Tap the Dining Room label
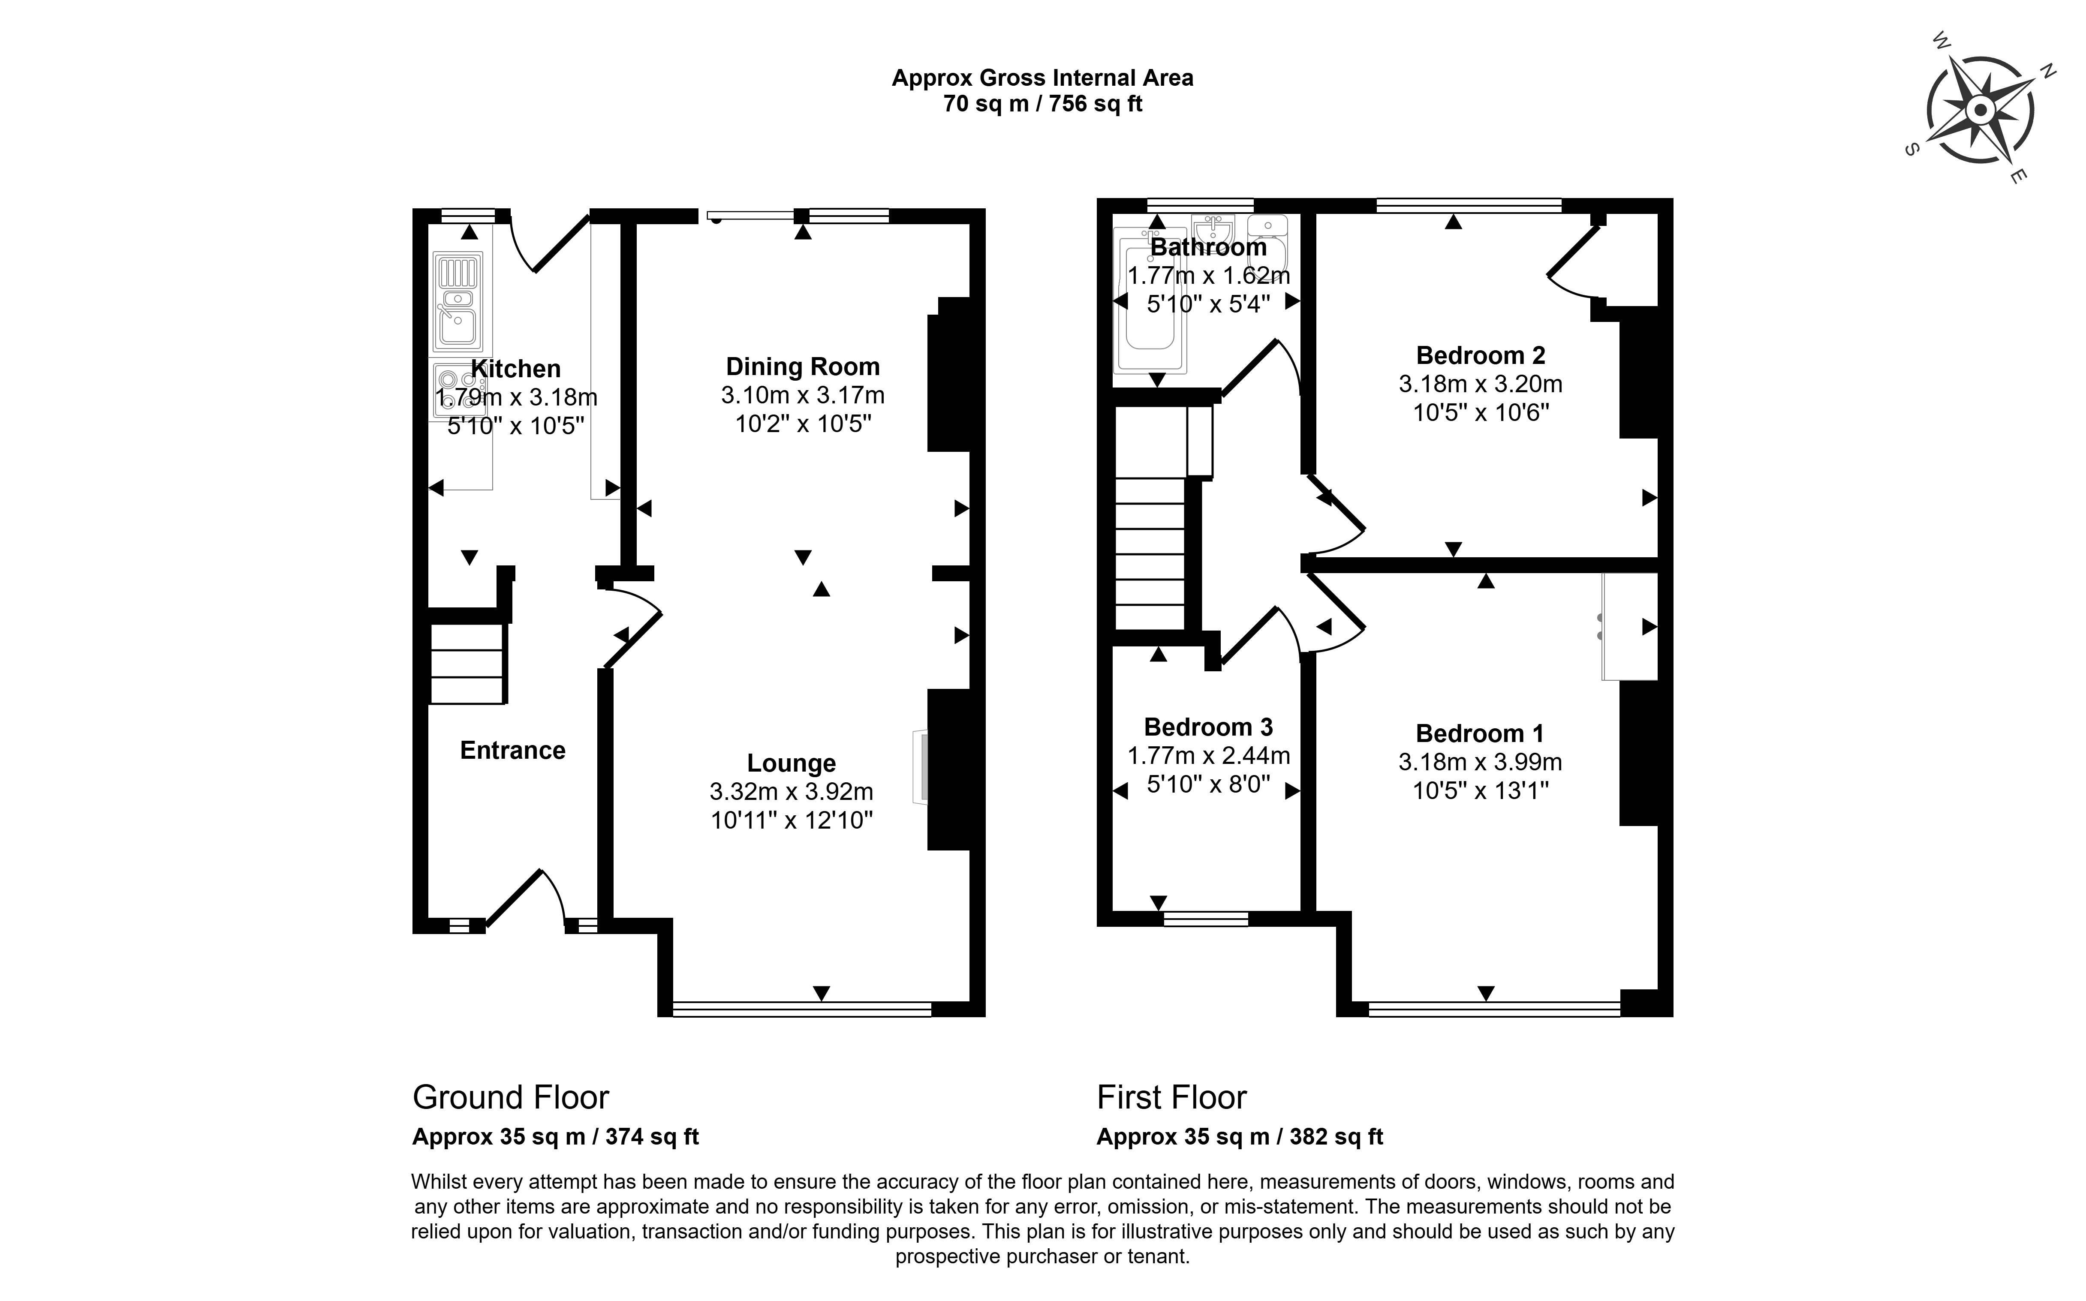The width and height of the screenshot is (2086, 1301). [x=803, y=367]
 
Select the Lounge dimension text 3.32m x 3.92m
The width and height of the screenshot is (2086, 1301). [x=792, y=792]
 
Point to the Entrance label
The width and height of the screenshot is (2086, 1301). [x=513, y=750]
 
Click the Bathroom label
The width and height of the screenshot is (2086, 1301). [x=1208, y=247]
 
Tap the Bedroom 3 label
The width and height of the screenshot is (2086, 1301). [x=1208, y=727]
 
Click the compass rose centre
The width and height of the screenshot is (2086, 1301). [x=1980, y=110]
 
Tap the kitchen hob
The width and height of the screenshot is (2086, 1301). [x=454, y=391]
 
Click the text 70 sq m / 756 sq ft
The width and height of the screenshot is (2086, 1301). [x=1043, y=104]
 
